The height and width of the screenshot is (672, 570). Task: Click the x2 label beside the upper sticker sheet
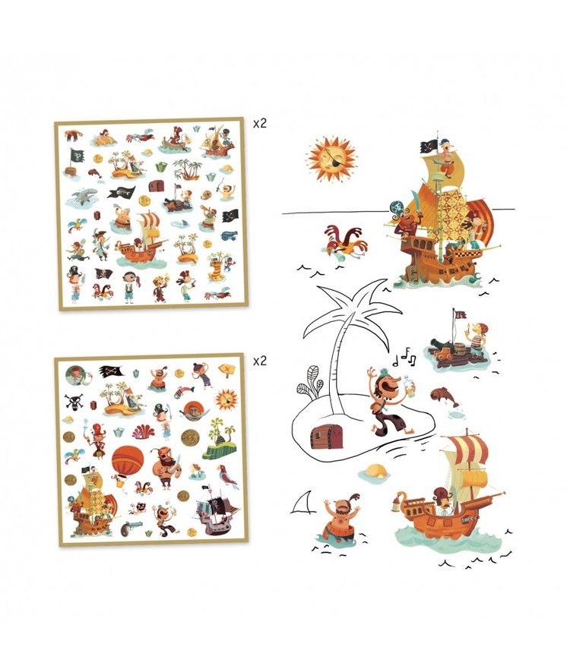[x=260, y=121]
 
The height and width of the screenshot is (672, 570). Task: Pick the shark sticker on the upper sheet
[x=83, y=199]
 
